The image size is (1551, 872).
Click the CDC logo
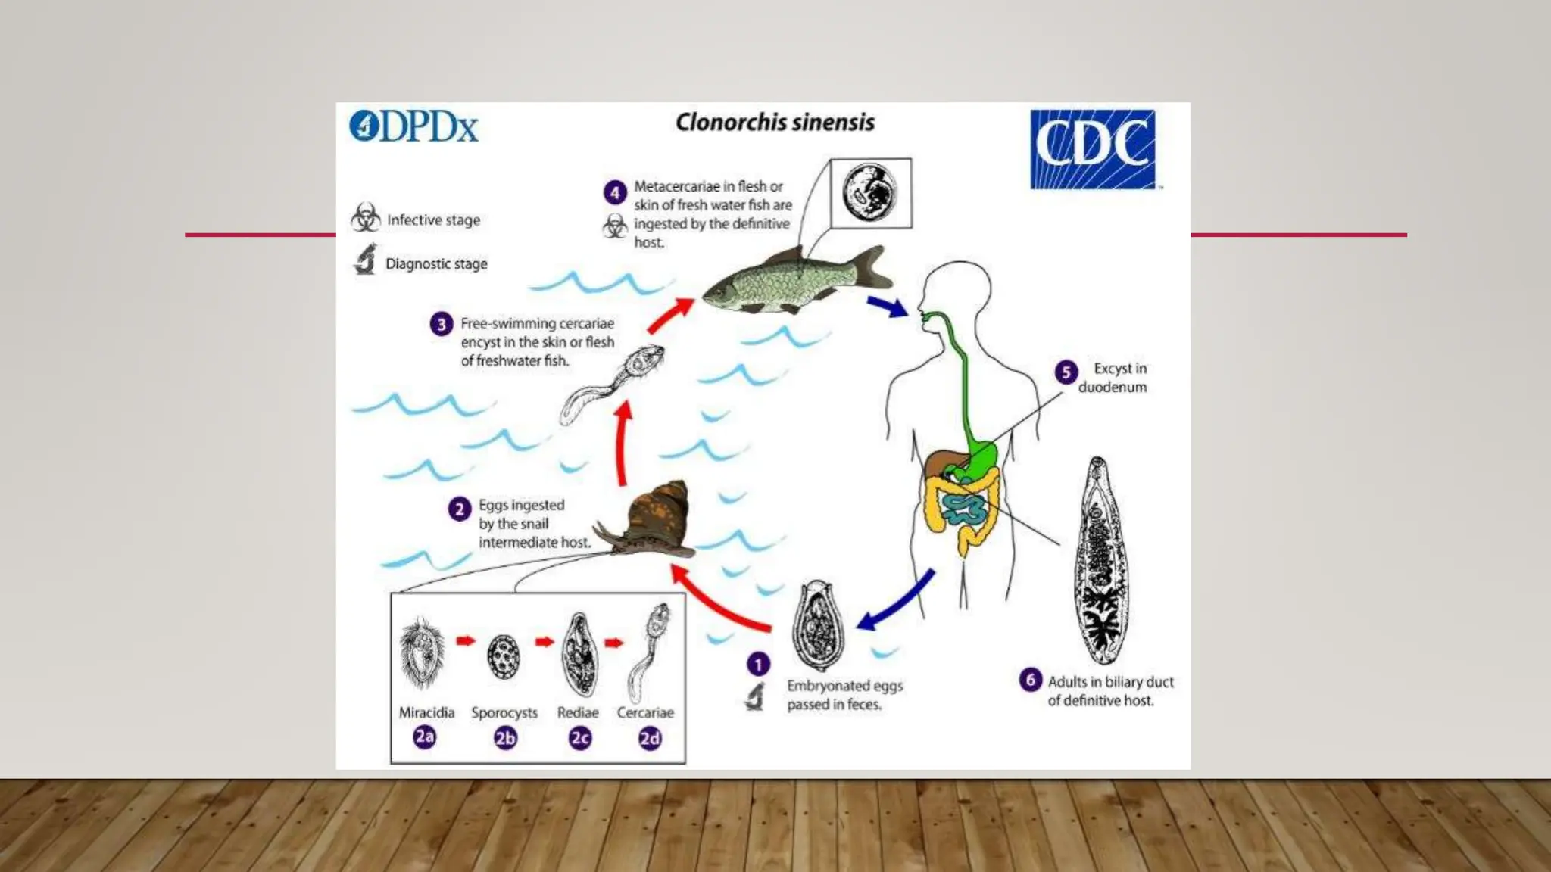[1092, 149]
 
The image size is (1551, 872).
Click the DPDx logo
[413, 126]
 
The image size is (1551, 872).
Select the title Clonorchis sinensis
[775, 123]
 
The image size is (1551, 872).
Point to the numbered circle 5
[1066, 372]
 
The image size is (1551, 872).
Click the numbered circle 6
[1030, 680]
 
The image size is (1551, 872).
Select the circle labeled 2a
[425, 737]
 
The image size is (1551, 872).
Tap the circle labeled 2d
[650, 738]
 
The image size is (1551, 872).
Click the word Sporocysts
[504, 713]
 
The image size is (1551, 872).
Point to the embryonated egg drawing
[817, 626]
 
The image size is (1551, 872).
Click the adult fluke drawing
[1100, 561]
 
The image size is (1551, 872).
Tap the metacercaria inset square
[870, 193]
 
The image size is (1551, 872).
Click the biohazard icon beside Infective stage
[366, 218]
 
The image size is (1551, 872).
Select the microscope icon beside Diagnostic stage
[365, 260]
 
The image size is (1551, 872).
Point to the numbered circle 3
[442, 325]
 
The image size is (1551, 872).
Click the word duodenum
[1112, 388]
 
